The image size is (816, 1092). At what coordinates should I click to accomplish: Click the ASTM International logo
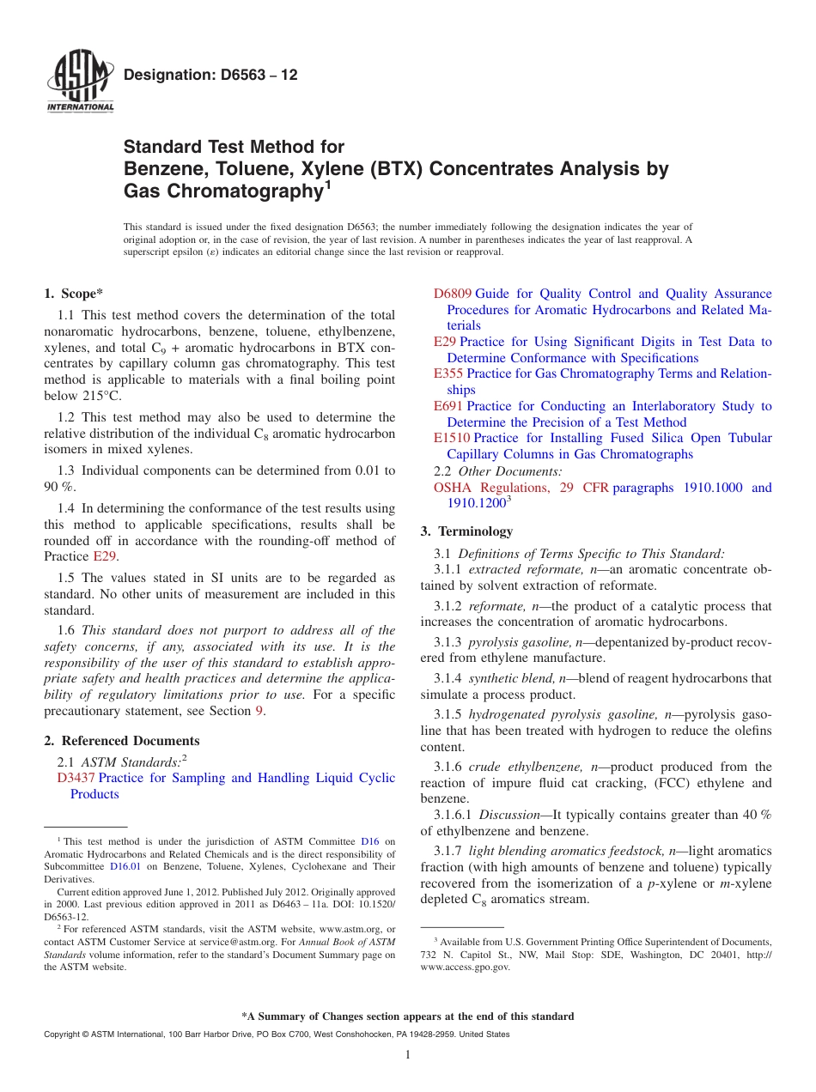click(79, 82)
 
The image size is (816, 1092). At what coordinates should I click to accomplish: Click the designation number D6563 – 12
click(210, 75)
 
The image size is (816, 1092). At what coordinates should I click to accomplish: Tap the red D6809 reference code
click(453, 294)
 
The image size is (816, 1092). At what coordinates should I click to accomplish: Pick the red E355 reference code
click(448, 373)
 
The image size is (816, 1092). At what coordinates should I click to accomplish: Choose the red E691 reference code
click(448, 406)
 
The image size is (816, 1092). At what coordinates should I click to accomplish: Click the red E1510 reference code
click(452, 438)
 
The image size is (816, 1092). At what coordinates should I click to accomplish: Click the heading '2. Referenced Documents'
click(122, 740)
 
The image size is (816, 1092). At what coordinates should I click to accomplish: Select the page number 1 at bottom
click(408, 1055)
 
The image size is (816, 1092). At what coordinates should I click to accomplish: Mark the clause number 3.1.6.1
click(453, 815)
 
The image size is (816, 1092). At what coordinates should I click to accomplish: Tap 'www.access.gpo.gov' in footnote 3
click(465, 968)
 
